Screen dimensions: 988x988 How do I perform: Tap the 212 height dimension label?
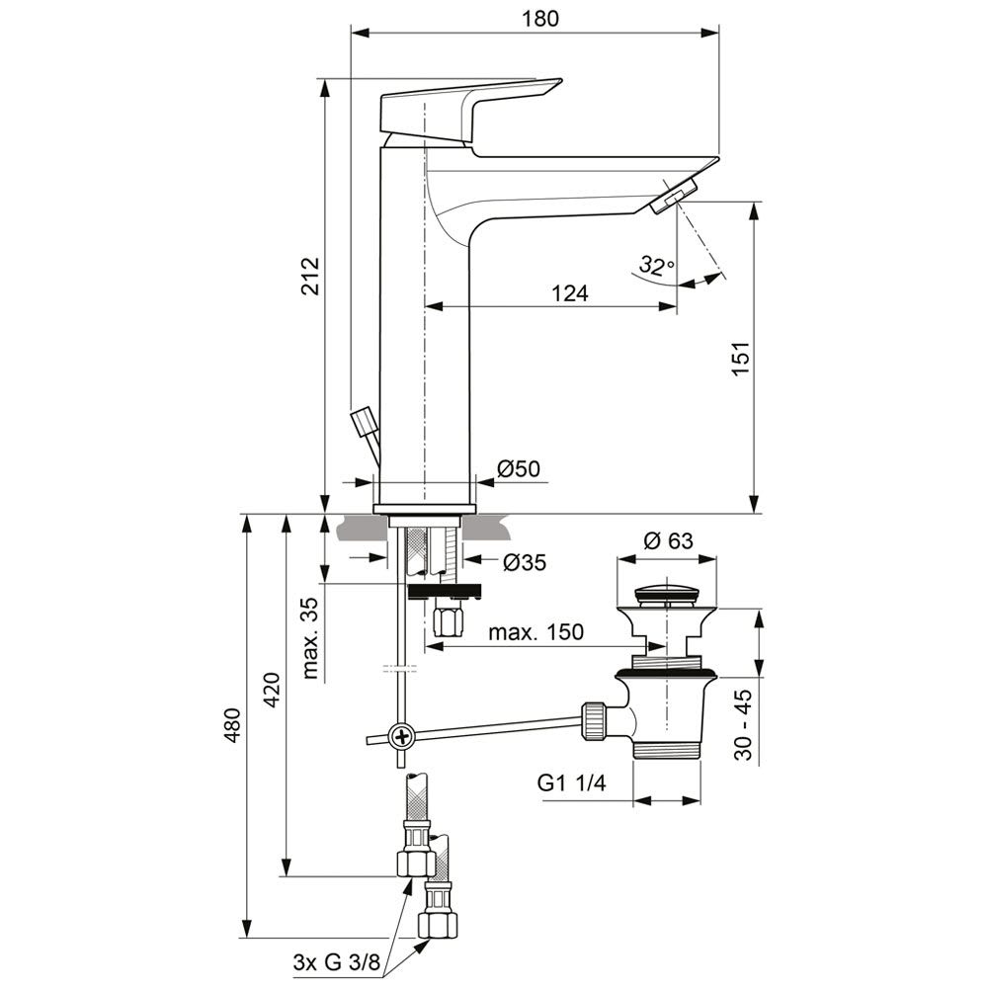click(x=311, y=278)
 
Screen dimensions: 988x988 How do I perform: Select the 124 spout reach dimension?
click(x=569, y=292)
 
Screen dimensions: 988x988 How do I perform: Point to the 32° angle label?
click(x=655, y=266)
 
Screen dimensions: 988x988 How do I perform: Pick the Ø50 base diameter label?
click(x=518, y=469)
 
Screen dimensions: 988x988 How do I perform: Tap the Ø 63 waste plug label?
click(x=668, y=541)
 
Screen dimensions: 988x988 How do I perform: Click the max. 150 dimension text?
click(x=535, y=632)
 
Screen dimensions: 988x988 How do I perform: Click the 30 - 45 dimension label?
click(x=744, y=723)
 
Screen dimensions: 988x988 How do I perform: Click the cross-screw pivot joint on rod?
click(x=403, y=736)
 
